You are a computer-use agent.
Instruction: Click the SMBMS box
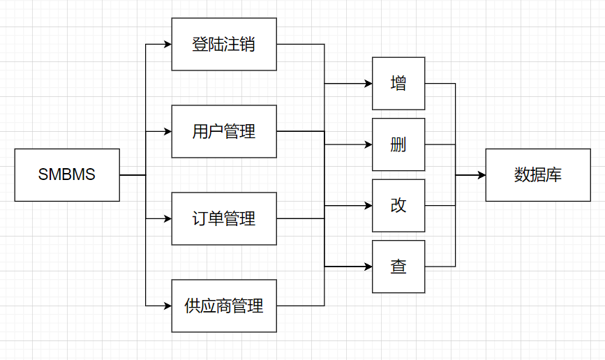click(x=67, y=175)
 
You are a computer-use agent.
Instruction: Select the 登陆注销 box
click(x=224, y=45)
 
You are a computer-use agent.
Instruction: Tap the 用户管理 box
click(x=224, y=132)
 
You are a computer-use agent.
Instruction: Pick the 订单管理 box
click(x=224, y=219)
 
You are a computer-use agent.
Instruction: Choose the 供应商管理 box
click(x=224, y=306)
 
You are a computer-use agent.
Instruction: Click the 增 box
click(x=398, y=84)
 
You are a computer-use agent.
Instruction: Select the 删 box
click(x=398, y=144)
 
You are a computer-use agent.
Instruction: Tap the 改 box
click(x=398, y=206)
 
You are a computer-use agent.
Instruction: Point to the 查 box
click(x=398, y=267)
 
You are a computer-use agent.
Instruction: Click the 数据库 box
click(x=538, y=175)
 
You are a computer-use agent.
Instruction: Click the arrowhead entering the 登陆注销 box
click(x=168, y=45)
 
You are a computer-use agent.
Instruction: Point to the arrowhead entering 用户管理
click(x=168, y=132)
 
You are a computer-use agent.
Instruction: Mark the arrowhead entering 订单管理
click(x=168, y=219)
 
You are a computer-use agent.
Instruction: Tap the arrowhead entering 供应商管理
click(x=168, y=306)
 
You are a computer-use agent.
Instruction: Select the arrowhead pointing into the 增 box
click(x=368, y=83)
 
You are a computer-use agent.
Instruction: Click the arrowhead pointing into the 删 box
click(x=368, y=144)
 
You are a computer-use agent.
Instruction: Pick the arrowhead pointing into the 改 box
click(x=368, y=206)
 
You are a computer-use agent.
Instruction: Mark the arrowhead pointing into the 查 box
click(x=368, y=267)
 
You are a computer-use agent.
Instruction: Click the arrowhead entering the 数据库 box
click(x=482, y=175)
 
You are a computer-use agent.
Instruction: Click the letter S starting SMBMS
click(x=43, y=174)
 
